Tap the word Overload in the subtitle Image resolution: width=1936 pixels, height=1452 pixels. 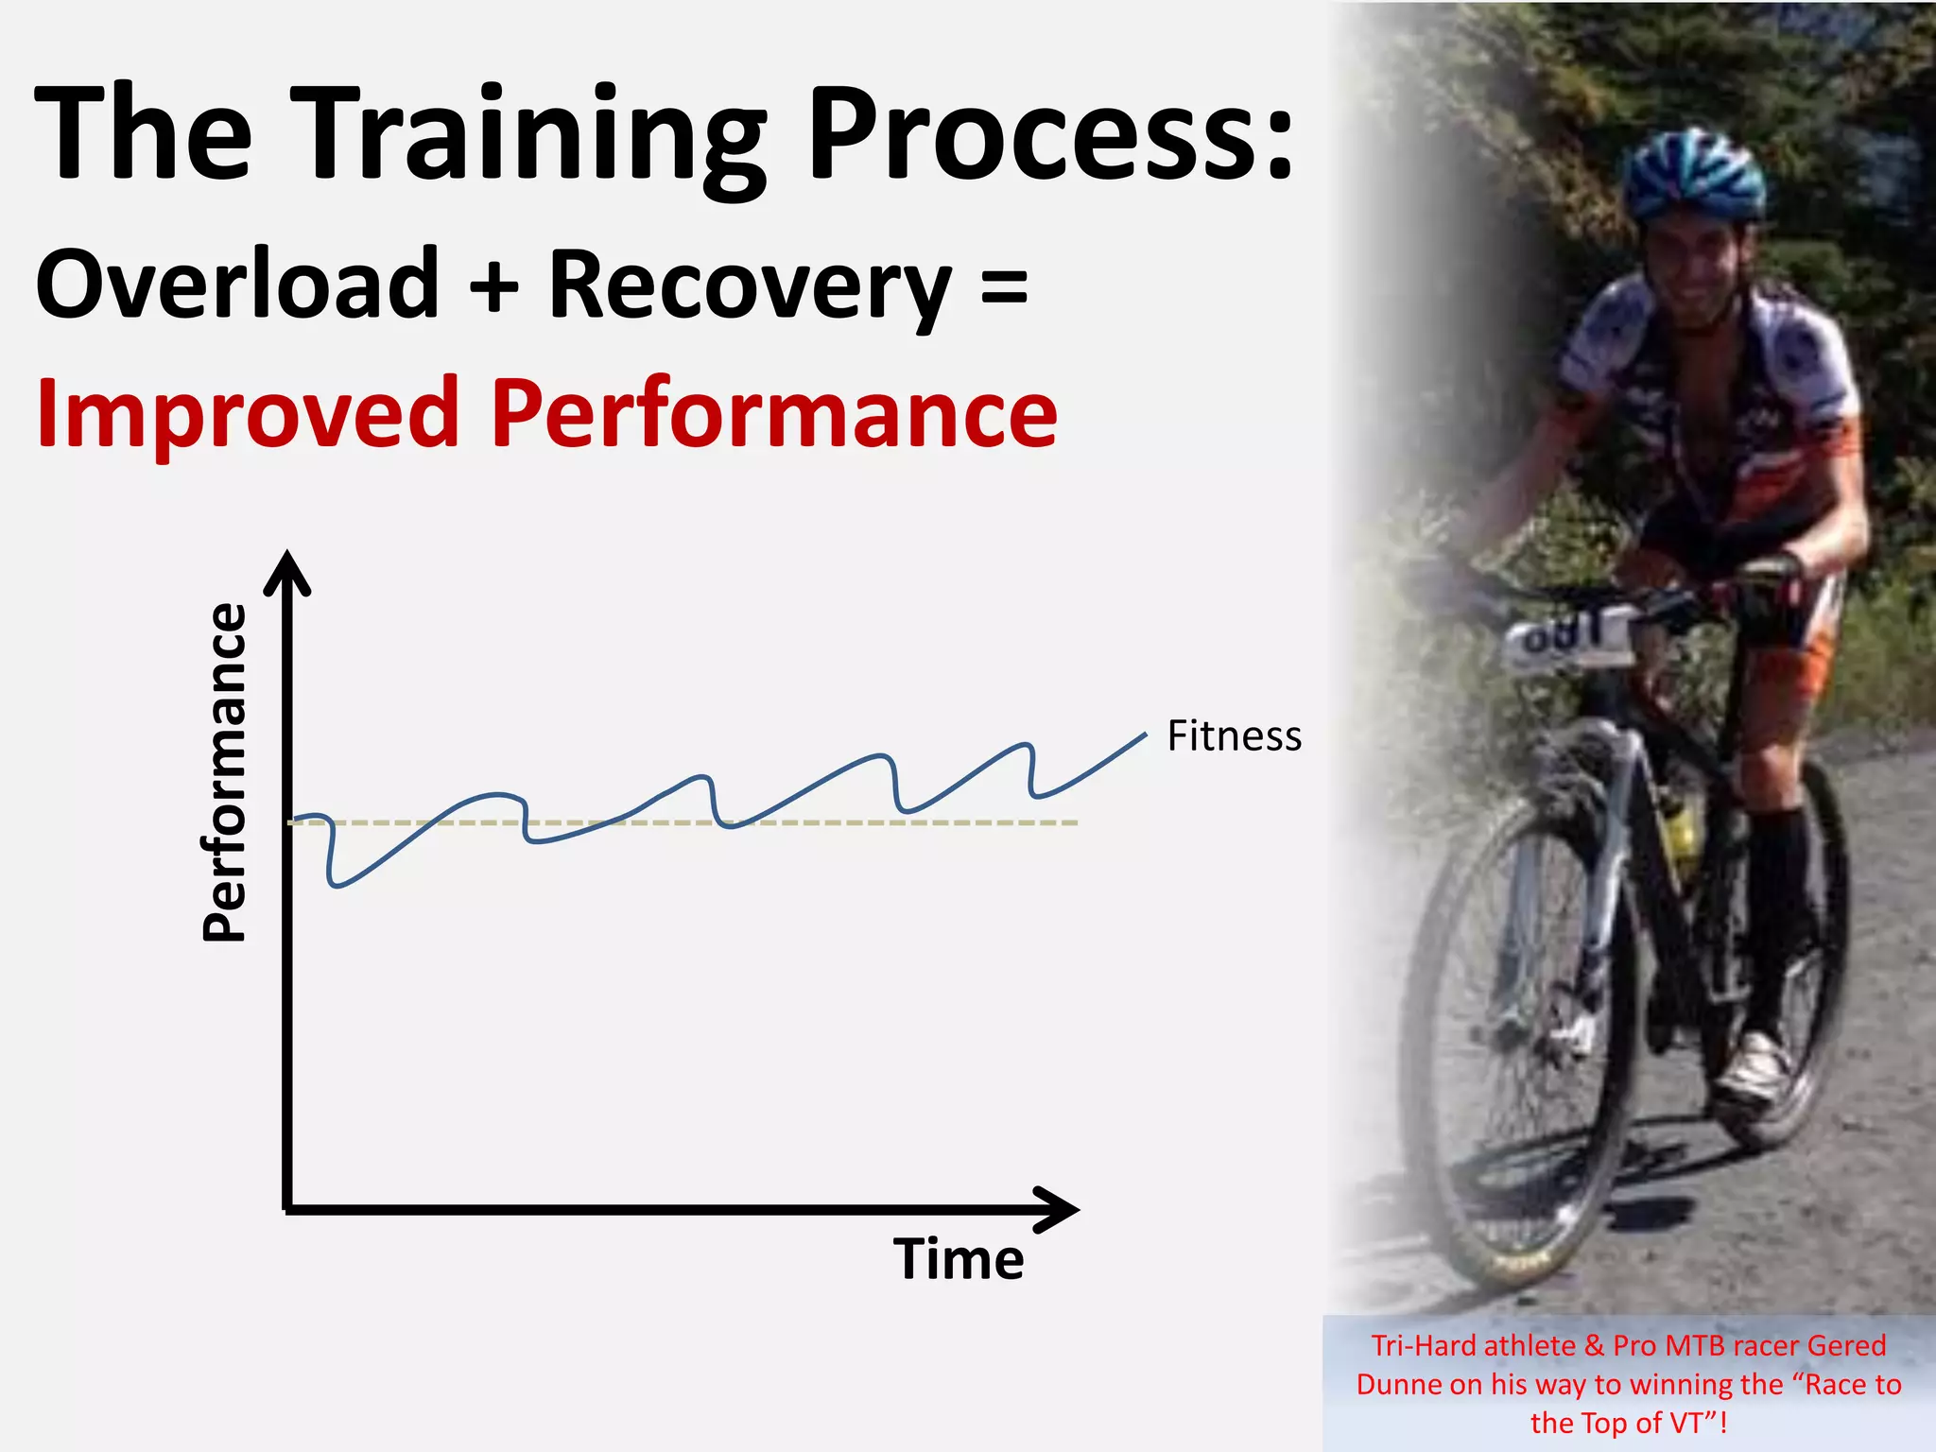coord(237,284)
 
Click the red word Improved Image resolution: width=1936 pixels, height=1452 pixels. coord(248,414)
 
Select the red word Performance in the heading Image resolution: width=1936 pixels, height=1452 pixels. coord(773,414)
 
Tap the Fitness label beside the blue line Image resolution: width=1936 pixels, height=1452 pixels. coord(1234,736)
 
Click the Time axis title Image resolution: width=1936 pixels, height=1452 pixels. coord(959,1259)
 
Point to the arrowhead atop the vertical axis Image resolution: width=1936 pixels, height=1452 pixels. coord(287,572)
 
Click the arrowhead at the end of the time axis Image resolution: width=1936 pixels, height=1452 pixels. coord(1059,1209)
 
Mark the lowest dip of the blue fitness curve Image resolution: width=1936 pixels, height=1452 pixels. coord(337,884)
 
